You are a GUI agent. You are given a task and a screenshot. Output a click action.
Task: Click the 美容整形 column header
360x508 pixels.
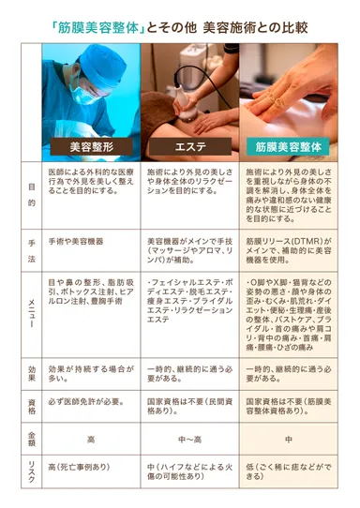pyautogui.click(x=90, y=147)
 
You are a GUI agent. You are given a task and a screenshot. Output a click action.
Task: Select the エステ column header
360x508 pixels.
pyautogui.click(x=190, y=147)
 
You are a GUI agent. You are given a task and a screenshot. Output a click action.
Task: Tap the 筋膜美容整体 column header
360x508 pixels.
pyautogui.click(x=290, y=147)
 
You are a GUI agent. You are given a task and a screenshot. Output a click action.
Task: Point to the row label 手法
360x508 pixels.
pyautogui.click(x=32, y=248)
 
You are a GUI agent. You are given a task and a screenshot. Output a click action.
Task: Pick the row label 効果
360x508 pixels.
pyautogui.click(x=32, y=374)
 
